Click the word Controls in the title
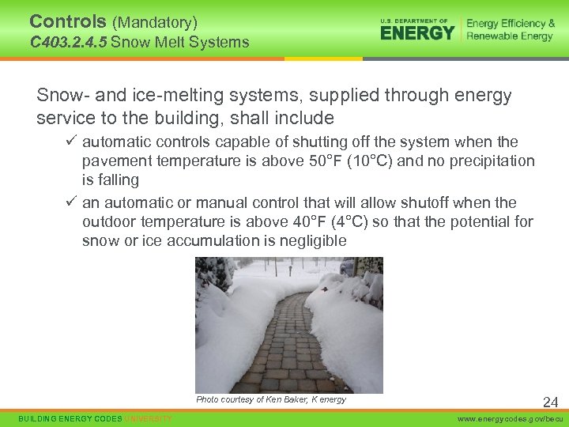66,22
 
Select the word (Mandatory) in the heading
154,23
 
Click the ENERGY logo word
417,32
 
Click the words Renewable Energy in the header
511,36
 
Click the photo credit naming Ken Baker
271,399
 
